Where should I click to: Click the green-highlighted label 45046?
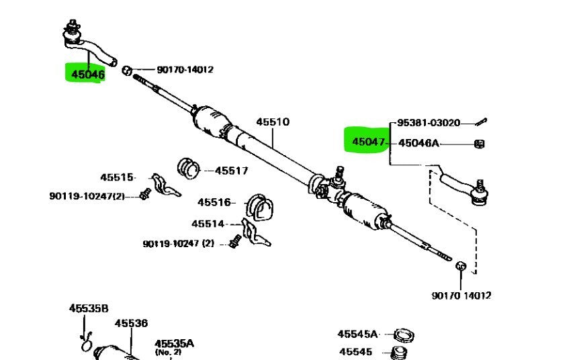point(84,74)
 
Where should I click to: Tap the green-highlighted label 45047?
point(367,142)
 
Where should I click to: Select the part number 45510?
point(272,122)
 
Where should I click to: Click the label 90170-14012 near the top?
point(185,69)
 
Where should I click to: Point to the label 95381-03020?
point(429,123)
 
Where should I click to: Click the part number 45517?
point(232,171)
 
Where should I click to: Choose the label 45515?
point(118,177)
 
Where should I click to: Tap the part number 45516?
point(214,202)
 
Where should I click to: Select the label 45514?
point(208,224)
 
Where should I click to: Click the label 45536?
point(131,324)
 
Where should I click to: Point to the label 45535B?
point(88,308)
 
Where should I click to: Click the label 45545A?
point(357,334)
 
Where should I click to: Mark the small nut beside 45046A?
point(480,143)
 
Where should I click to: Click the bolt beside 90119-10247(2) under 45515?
point(143,195)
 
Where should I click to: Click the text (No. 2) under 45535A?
point(168,351)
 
